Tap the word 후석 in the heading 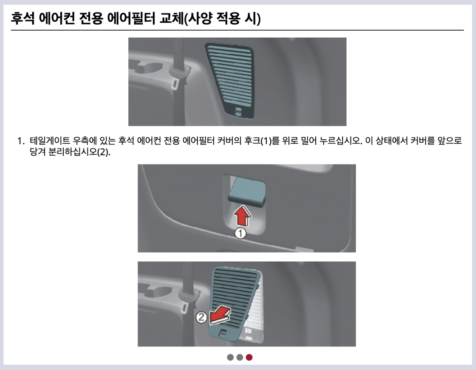point(23,18)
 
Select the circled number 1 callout point(240,233)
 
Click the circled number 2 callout point(201,317)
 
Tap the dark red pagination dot point(249,357)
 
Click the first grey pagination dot point(230,357)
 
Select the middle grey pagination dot point(239,357)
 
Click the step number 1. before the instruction point(21,141)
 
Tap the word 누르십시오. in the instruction point(341,141)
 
